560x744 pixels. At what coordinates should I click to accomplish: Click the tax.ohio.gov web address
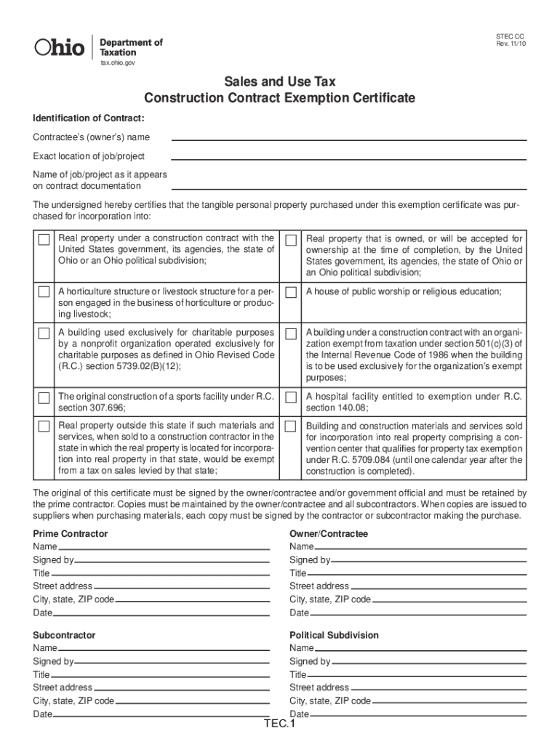pyautogui.click(x=117, y=63)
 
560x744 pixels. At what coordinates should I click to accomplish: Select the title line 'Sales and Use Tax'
pyautogui.click(x=279, y=82)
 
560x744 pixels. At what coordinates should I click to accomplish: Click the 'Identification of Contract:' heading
pyautogui.click(x=88, y=118)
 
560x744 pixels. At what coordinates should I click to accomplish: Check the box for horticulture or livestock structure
pyautogui.click(x=44, y=292)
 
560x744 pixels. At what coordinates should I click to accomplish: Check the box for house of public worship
pyautogui.click(x=292, y=292)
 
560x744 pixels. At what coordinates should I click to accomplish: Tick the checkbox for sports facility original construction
pyautogui.click(x=44, y=397)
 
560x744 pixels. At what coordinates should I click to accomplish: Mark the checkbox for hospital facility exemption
pyautogui.click(x=292, y=397)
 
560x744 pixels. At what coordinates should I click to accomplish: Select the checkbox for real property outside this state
pyautogui.click(x=44, y=426)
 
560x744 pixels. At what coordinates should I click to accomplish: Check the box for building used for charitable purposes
pyautogui.click(x=44, y=333)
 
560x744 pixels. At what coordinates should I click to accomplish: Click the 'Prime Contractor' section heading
pyautogui.click(x=71, y=534)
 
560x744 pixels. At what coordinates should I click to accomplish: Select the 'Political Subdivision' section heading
pyautogui.click(x=334, y=635)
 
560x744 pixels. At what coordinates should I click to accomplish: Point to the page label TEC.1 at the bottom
pyautogui.click(x=280, y=725)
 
